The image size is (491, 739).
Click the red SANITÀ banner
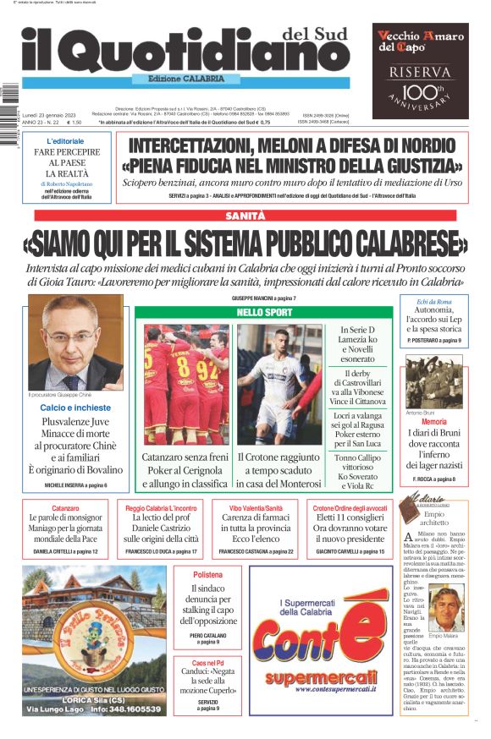tap(245, 216)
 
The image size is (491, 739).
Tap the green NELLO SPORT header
tap(264, 313)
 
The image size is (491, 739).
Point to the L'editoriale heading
tap(66, 140)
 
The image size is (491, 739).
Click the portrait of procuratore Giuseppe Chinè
tap(76, 342)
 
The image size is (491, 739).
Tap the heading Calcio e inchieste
tap(75, 408)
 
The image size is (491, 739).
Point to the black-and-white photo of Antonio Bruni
tap(433, 381)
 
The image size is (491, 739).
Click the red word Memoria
tap(433, 421)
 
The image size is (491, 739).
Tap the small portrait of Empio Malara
tap(447, 609)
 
